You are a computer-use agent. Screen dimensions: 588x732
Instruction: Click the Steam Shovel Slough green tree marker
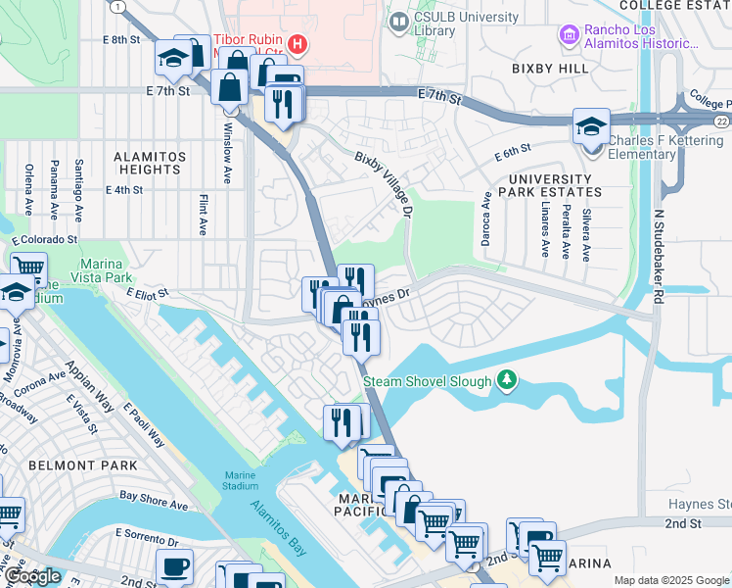507,379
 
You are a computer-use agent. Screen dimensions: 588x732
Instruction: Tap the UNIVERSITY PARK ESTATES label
549,185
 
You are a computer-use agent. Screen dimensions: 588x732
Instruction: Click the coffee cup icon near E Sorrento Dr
174,567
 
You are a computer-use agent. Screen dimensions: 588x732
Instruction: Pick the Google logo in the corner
31,576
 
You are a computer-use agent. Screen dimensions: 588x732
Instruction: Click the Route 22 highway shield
721,121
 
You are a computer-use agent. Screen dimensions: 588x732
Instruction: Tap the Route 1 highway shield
119,6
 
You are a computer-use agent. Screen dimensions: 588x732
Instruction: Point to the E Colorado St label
44,239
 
